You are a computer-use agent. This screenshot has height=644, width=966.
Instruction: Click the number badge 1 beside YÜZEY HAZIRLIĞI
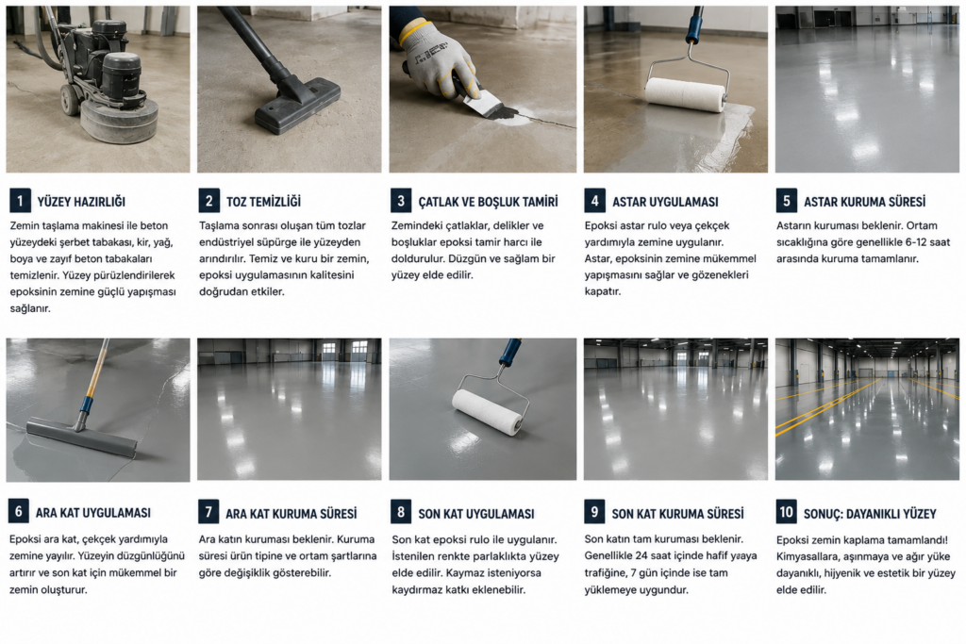point(20,201)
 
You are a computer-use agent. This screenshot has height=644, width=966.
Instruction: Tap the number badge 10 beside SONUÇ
point(786,512)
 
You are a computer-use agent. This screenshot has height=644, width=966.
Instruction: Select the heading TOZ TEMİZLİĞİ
point(263,202)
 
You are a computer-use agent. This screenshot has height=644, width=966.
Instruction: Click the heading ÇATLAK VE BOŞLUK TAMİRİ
point(488,202)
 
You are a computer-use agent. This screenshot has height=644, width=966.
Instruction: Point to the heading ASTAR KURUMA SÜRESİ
point(864,202)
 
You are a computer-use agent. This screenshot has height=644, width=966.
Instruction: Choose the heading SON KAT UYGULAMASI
point(476,514)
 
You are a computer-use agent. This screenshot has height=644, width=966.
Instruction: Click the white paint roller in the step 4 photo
point(685,94)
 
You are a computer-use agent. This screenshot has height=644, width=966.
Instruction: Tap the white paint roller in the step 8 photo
point(488,412)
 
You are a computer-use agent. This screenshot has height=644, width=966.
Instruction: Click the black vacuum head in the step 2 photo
point(298,106)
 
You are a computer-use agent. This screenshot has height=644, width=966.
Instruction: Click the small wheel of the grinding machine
point(70,99)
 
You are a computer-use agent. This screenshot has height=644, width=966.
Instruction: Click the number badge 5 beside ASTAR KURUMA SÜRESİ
point(786,201)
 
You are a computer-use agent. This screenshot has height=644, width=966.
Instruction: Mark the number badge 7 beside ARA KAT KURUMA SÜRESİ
point(208,512)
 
